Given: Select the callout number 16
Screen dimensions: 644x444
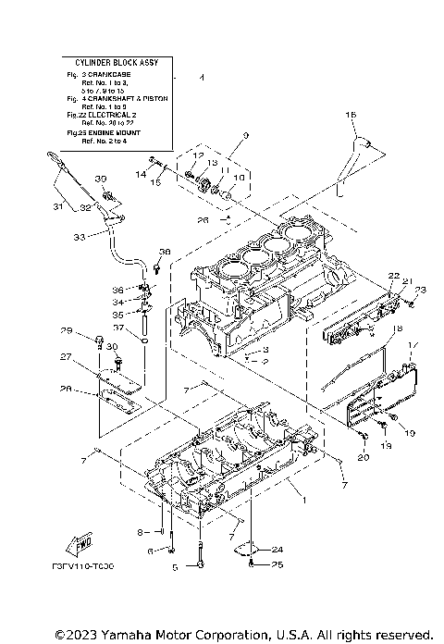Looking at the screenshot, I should coord(351,114).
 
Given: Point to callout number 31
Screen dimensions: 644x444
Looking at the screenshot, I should coord(57,205).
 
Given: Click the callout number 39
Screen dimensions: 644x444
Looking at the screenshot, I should coord(101,179).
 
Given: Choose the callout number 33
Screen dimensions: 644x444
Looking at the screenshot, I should coord(79,238).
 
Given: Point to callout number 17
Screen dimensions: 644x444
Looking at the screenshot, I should coord(413,346).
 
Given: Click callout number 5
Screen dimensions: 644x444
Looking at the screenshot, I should coord(173,565).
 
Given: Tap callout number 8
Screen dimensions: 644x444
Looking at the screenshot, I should coord(140,533).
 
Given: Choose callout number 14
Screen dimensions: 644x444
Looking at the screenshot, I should coord(141,174).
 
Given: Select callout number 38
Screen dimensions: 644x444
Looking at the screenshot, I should coord(166,252).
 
